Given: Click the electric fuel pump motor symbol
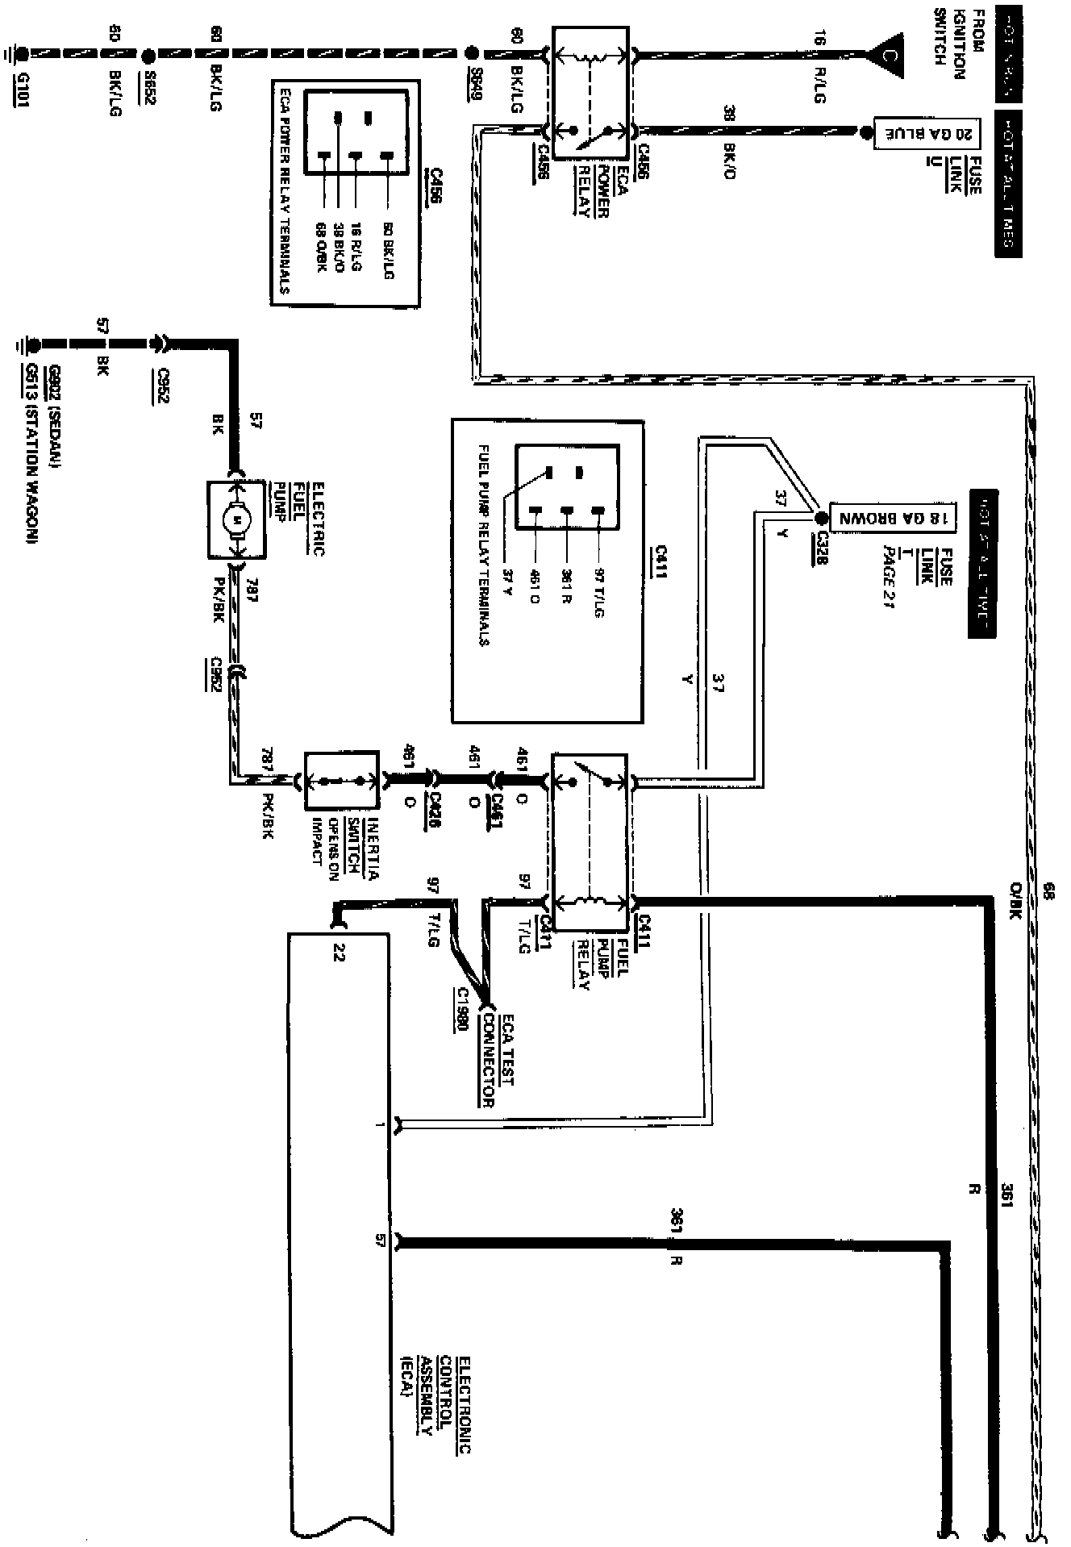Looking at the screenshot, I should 236,520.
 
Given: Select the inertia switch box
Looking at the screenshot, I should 341,781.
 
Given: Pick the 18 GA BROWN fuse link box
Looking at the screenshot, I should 893,518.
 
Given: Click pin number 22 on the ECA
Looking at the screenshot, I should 339,953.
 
